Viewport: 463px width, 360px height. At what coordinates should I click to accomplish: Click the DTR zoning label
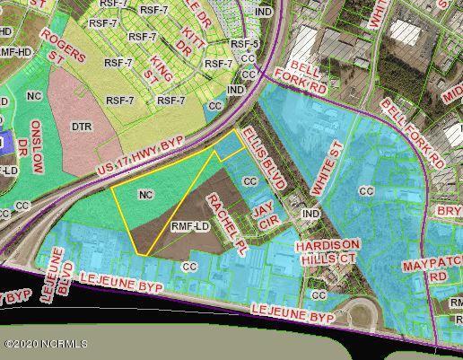click(83, 127)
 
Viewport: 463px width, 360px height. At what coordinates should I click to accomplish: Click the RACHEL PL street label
click(223, 220)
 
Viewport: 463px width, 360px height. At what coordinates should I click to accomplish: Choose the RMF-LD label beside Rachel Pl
click(189, 227)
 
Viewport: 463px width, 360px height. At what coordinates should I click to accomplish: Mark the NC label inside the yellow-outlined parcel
click(145, 194)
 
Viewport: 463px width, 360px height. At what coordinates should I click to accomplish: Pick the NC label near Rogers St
click(35, 94)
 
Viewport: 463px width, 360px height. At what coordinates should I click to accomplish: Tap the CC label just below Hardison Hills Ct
click(319, 294)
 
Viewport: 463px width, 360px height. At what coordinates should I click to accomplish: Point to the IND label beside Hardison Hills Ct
click(310, 214)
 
